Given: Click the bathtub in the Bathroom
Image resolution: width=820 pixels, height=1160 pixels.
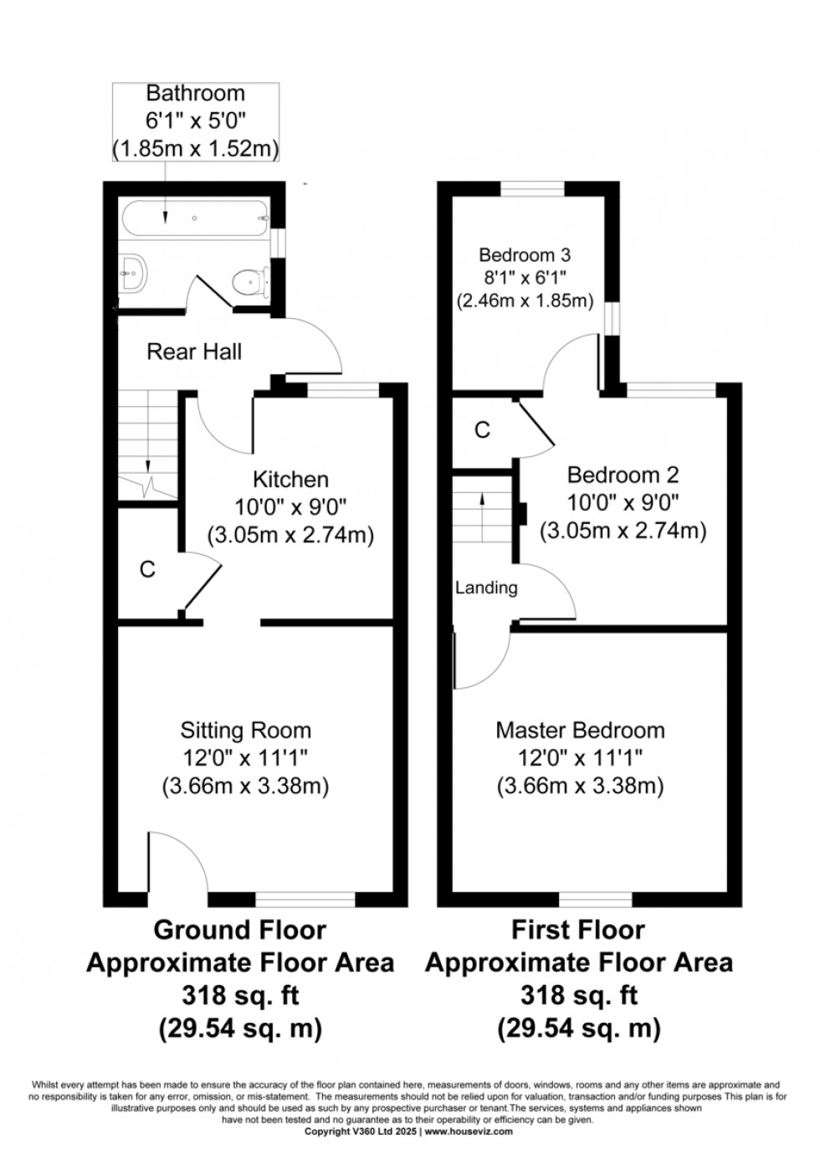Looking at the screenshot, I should tap(194, 218).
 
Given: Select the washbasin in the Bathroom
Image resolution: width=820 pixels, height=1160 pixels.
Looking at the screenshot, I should tap(133, 271).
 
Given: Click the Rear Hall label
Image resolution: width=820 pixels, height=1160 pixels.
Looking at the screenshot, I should tap(194, 352).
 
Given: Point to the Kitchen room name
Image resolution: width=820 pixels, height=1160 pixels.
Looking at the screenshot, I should tap(290, 480).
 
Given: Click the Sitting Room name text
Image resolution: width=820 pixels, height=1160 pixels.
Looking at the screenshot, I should tap(245, 731).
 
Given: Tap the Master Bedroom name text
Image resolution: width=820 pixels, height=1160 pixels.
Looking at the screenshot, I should tap(580, 731).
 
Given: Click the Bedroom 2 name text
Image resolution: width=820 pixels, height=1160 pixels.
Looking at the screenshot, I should tap(623, 475).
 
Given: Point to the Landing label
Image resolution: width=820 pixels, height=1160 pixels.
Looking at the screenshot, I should tap(486, 588).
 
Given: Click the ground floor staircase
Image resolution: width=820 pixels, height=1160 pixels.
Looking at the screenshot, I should tap(147, 444).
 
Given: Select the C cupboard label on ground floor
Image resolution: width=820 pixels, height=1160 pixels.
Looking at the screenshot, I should tap(147, 571).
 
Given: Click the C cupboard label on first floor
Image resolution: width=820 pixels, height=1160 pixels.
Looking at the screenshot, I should tap(482, 430).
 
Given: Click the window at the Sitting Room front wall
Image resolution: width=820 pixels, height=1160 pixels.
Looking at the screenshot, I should tap(305, 899).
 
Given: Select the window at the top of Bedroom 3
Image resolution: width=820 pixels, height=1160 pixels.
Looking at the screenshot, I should tap(532, 189).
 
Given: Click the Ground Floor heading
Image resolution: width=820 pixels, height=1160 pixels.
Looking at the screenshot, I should tap(239, 930).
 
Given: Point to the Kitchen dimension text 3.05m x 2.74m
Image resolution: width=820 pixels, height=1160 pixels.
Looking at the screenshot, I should tap(290, 535).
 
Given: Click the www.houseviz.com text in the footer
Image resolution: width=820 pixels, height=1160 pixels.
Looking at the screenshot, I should tap(469, 1132).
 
